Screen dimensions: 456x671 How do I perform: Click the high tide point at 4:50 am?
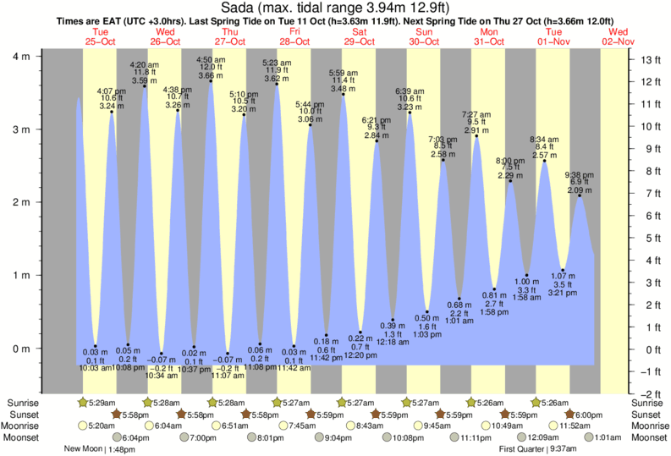point(211,80)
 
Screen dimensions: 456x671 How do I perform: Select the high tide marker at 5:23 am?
point(277,84)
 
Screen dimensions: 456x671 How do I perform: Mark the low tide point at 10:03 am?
point(95,346)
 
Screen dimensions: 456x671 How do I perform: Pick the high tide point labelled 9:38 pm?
point(579,196)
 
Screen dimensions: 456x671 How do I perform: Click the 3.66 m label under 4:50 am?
point(211,75)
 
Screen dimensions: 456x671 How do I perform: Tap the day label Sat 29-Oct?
point(359,38)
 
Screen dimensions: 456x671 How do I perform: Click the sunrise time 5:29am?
point(102,402)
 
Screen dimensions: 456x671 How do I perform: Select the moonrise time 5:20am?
point(102,426)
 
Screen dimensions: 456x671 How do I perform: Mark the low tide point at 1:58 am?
point(526,275)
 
